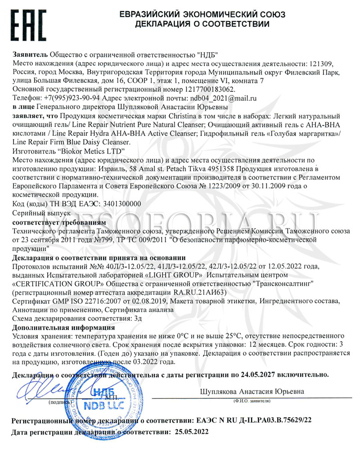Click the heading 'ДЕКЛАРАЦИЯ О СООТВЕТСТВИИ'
coord(202,23)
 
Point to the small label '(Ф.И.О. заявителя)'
coord(252,400)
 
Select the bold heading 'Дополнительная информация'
coord(60,327)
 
